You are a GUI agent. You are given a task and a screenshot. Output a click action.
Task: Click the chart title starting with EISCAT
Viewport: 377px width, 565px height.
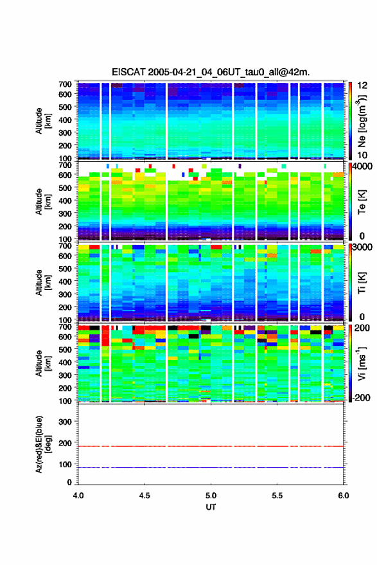click(211, 72)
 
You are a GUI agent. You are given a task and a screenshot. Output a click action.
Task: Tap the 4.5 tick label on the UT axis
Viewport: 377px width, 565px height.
click(145, 496)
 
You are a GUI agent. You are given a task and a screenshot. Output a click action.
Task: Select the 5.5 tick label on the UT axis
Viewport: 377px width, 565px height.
click(277, 496)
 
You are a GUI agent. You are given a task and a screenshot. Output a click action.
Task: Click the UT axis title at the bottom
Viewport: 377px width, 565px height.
click(211, 507)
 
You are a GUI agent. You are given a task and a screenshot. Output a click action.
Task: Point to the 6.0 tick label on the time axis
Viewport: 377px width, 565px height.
click(344, 496)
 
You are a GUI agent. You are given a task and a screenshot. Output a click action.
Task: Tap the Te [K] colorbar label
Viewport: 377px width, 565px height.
click(362, 202)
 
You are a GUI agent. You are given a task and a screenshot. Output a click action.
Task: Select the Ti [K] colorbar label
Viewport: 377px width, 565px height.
click(362, 283)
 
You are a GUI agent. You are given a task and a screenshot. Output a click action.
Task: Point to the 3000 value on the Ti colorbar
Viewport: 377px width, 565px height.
click(362, 247)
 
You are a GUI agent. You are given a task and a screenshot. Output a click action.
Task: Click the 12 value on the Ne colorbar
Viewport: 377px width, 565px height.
click(362, 85)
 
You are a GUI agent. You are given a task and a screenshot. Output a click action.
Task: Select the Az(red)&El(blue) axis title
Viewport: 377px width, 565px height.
click(44, 444)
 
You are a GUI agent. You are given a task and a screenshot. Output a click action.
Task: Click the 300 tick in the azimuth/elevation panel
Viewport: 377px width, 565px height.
click(65, 422)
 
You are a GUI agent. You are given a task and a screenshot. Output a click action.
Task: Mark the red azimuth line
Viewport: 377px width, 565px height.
click(211, 446)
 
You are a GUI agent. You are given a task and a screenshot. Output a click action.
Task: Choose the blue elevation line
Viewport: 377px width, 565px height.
click(211, 467)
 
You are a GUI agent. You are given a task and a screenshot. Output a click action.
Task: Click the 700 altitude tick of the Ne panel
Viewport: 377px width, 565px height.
click(65, 84)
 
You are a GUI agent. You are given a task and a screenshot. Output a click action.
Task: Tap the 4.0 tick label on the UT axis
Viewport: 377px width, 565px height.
click(78, 496)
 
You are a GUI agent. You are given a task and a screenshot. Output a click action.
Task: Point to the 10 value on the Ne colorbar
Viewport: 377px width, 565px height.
click(362, 156)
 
